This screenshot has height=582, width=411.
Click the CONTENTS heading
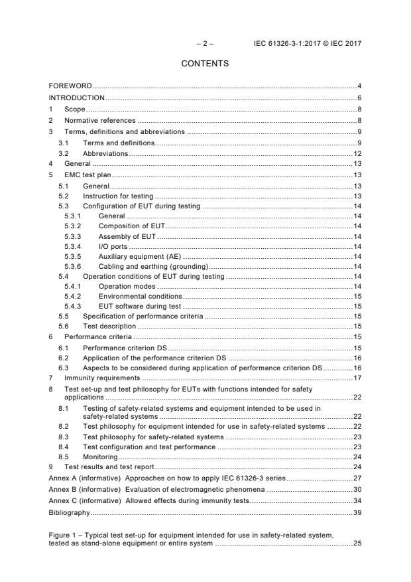(206, 64)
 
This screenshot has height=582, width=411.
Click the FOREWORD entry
(70, 86)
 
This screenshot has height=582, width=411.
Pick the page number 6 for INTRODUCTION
(359, 98)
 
